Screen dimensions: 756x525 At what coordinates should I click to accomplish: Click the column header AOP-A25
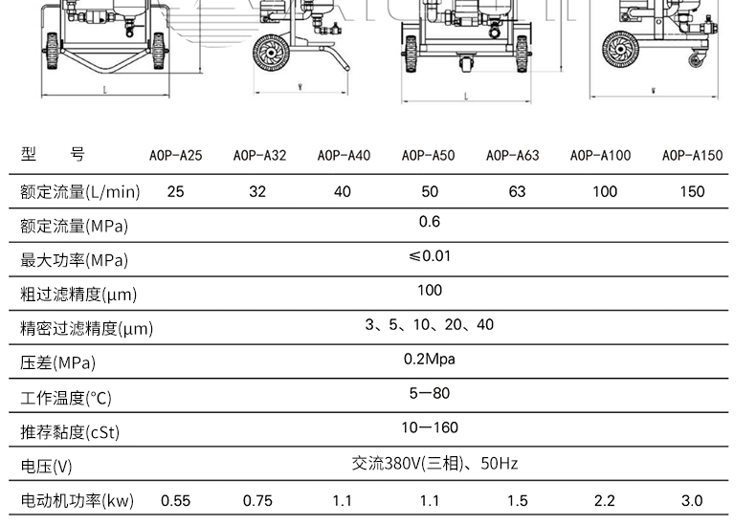(175, 156)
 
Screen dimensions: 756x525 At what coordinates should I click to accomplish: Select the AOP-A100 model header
(600, 156)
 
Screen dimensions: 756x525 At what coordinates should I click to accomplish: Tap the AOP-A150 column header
(692, 156)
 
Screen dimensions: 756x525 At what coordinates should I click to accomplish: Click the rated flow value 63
(517, 191)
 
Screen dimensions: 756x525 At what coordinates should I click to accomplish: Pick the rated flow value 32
(257, 191)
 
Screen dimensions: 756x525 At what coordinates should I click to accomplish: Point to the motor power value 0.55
(175, 501)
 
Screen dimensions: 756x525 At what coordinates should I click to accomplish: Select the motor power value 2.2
(605, 501)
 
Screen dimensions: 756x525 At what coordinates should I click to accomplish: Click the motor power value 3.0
(692, 501)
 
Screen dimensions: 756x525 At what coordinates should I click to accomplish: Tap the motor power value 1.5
(518, 501)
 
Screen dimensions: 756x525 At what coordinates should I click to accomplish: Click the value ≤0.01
(430, 255)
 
